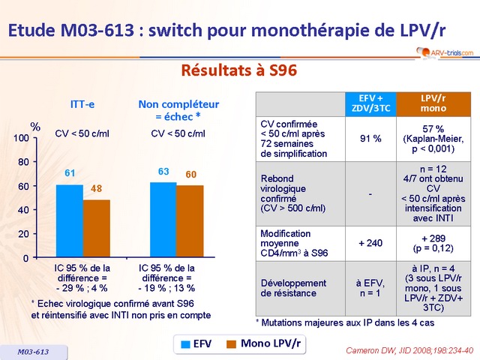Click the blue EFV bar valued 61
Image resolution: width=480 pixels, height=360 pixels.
click(x=70, y=221)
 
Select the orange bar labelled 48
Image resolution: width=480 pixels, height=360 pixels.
click(x=97, y=229)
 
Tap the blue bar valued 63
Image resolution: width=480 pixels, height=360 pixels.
click(x=163, y=220)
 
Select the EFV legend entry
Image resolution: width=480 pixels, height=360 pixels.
click(x=196, y=343)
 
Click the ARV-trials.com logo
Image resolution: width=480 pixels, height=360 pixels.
click(x=443, y=52)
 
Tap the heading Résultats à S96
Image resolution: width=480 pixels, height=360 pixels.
click(x=239, y=71)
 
